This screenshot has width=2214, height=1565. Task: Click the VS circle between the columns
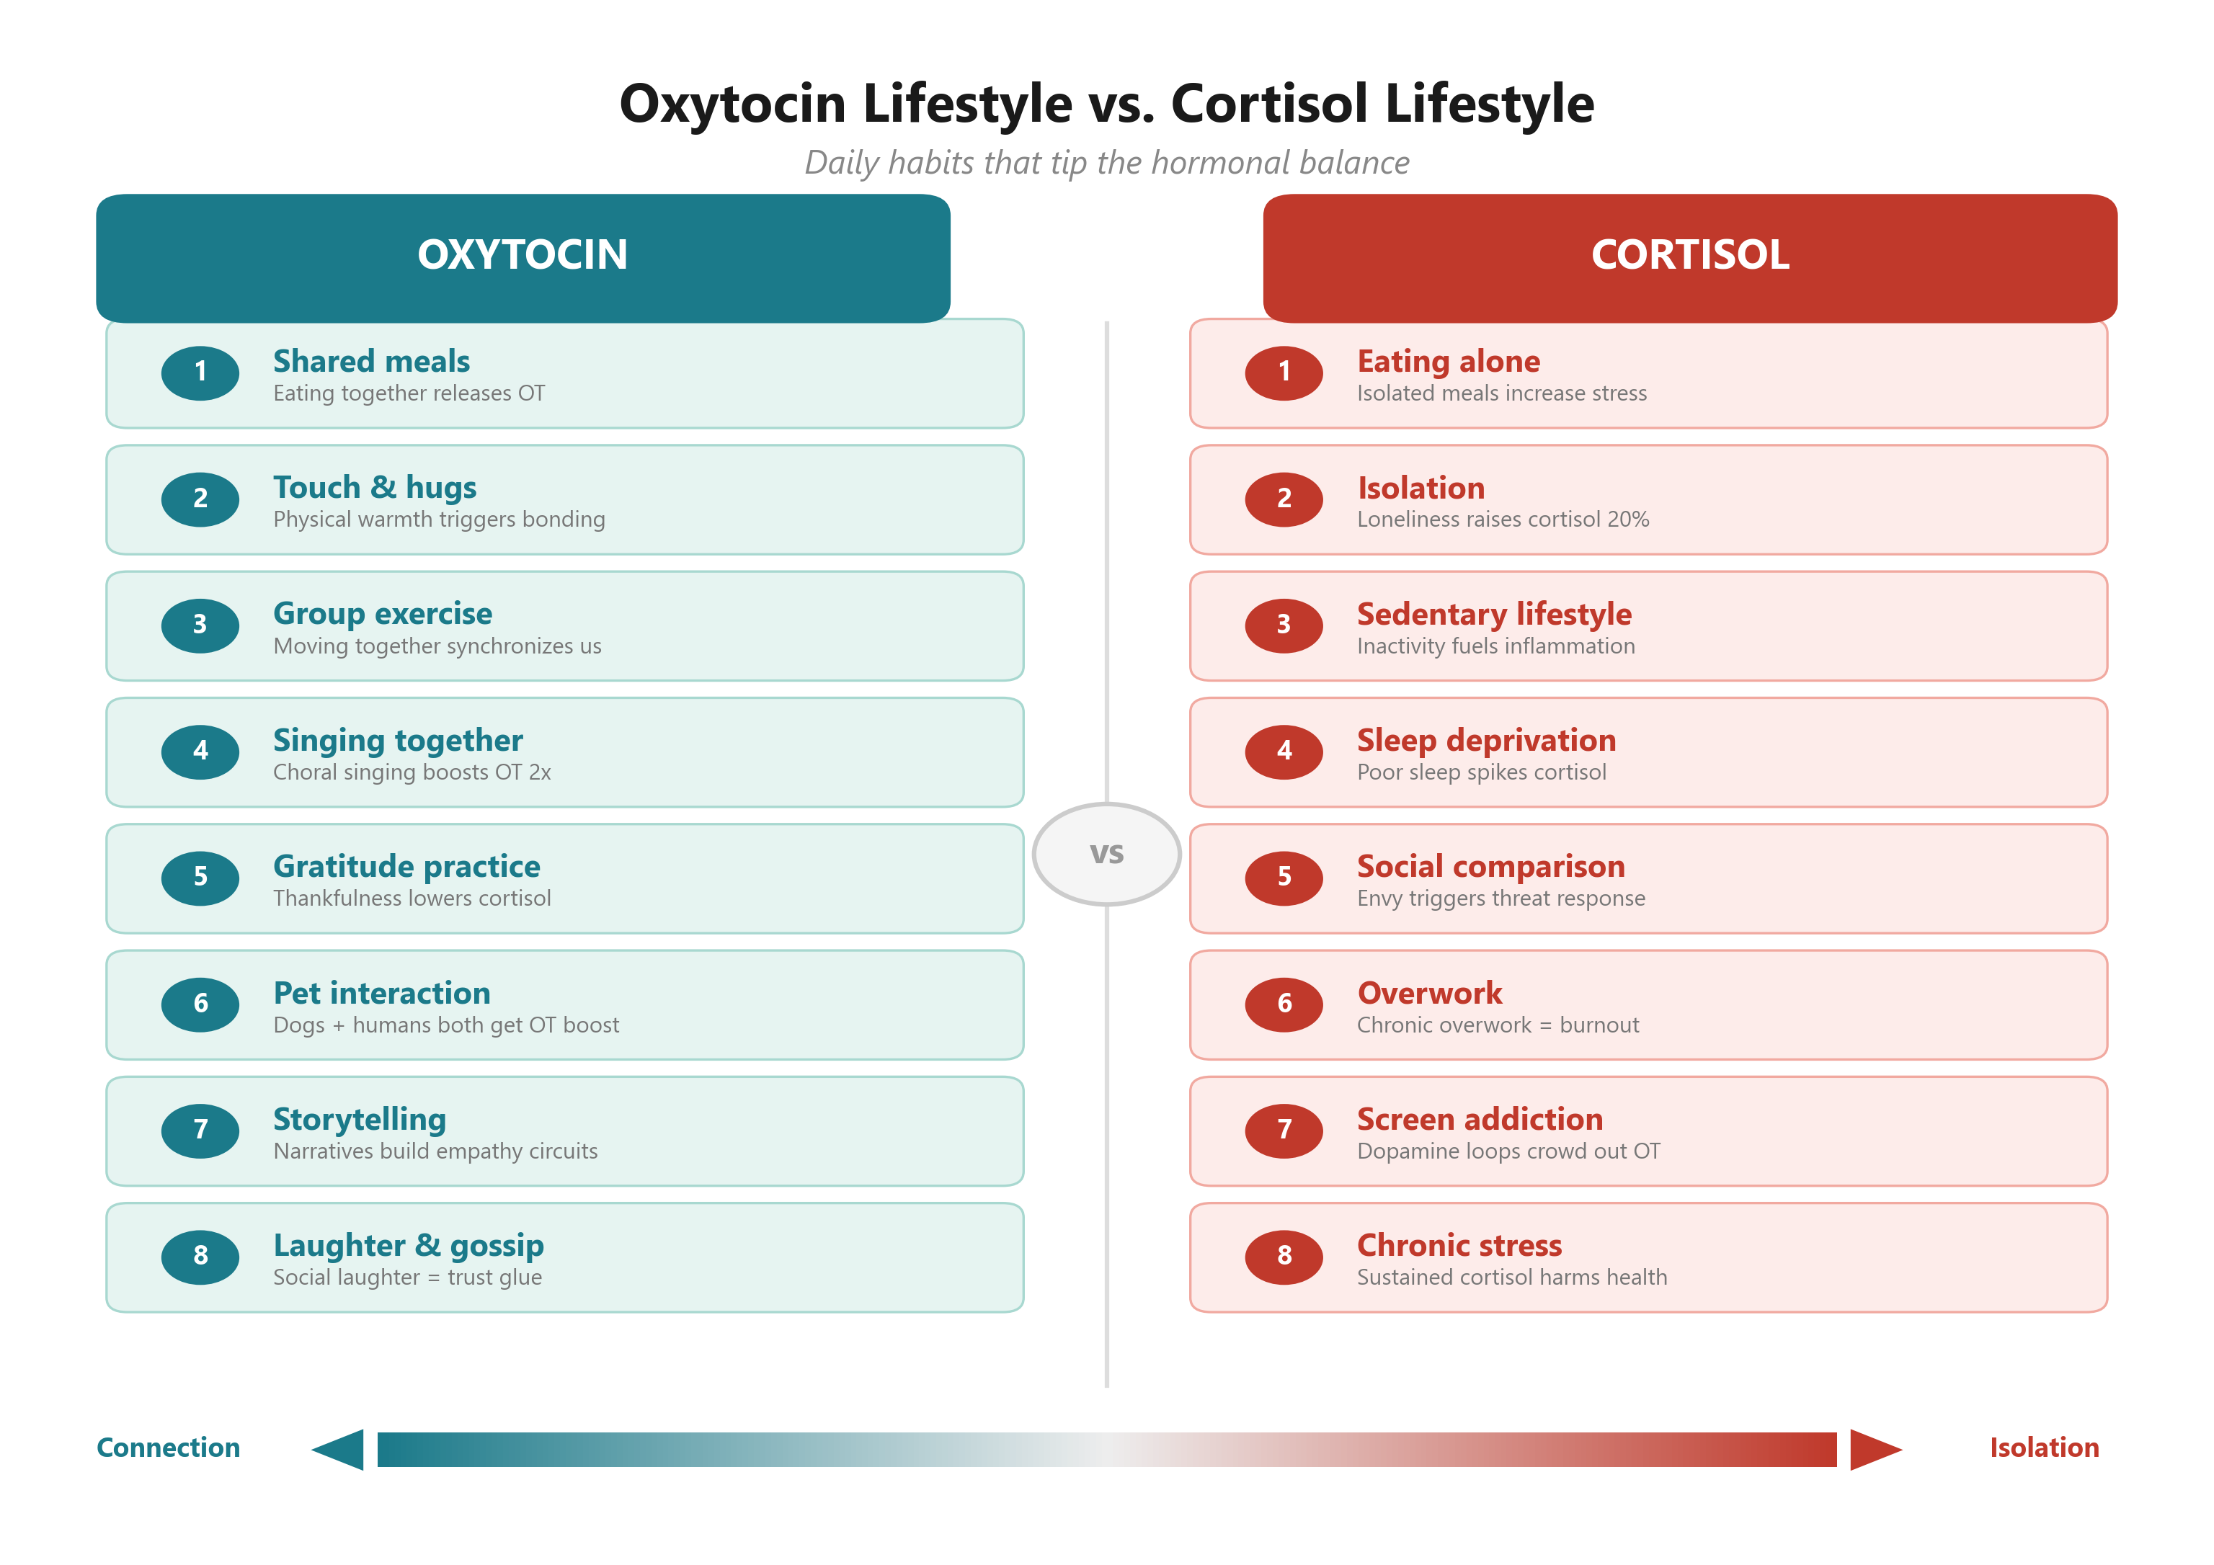click(1106, 853)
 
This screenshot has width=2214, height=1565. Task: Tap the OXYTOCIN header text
click(522, 254)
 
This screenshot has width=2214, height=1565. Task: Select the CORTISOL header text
click(1689, 254)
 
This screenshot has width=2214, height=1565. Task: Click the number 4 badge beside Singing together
click(200, 752)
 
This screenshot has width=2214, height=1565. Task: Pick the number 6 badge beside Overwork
click(1284, 1004)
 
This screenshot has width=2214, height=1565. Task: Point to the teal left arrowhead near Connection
click(339, 1448)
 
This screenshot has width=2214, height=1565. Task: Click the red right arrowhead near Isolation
click(1874, 1448)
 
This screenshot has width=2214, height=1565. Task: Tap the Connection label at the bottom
click(168, 1448)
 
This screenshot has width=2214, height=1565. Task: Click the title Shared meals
click(371, 361)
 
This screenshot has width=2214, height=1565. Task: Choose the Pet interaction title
click(382, 992)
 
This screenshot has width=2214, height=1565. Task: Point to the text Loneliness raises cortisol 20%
click(1503, 520)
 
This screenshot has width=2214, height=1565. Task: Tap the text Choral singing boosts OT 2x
click(412, 772)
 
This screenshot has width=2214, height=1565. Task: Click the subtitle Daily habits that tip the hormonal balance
click(1106, 163)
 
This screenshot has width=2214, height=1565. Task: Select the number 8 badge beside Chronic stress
click(1284, 1255)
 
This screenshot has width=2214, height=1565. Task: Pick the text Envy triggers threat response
click(1501, 899)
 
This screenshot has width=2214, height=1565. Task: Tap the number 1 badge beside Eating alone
click(1284, 373)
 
